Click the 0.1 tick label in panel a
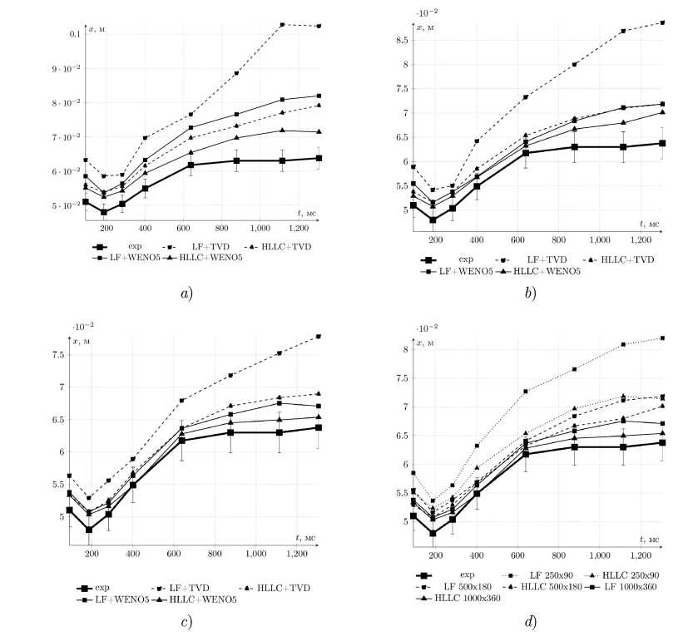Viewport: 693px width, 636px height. pos(72,34)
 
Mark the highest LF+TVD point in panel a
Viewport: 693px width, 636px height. pos(282,24)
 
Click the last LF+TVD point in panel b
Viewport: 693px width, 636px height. pos(661,22)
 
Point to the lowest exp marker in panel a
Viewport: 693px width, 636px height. pos(104,212)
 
